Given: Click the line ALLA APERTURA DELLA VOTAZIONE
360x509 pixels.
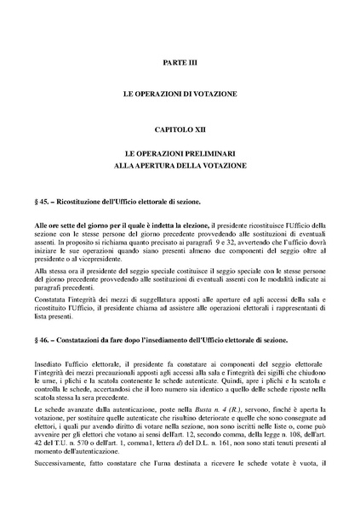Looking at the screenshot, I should point(179,164).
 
